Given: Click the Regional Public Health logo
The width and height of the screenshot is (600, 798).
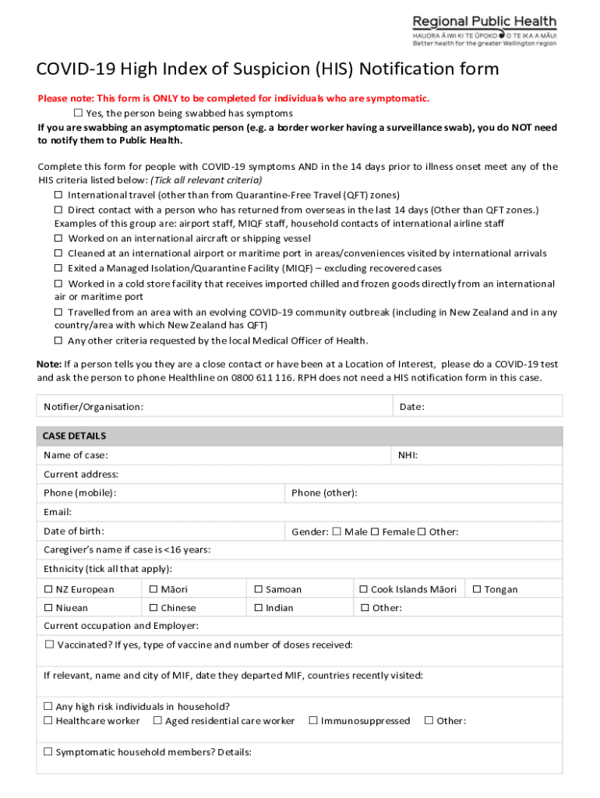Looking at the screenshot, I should [x=484, y=31].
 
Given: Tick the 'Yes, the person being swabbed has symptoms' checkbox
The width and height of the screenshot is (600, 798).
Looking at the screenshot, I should [x=78, y=113].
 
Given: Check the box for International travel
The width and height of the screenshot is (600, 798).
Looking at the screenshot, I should [x=58, y=195].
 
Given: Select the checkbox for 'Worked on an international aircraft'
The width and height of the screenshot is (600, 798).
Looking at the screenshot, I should [x=58, y=238].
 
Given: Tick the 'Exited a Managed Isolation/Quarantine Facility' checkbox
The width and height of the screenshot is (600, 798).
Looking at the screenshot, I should [x=58, y=268].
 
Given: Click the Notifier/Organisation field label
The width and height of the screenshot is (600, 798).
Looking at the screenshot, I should [x=94, y=407].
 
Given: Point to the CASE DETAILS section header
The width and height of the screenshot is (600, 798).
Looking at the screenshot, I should [x=75, y=436].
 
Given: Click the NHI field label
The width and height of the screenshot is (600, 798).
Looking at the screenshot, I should [x=408, y=455].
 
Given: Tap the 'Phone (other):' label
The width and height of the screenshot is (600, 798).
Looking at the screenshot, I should [x=324, y=493].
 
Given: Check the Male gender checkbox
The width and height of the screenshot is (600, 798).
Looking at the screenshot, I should [x=337, y=532].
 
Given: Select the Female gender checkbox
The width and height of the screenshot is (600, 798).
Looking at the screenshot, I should [x=375, y=532].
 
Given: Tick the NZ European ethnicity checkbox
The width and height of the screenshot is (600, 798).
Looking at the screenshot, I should [x=48, y=590].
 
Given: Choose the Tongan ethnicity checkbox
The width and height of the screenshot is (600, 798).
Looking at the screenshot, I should [x=477, y=590].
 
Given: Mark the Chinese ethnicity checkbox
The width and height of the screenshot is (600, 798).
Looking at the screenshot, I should [x=154, y=608].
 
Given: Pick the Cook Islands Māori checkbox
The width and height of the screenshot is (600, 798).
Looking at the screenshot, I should [x=363, y=590].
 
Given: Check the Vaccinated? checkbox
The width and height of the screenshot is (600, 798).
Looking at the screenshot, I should [x=49, y=644].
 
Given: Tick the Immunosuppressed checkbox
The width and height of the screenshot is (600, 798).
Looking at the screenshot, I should [x=313, y=721].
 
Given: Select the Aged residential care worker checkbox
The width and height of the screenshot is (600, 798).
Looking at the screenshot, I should [x=157, y=721].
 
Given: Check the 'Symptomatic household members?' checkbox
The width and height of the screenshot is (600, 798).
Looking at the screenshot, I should [x=48, y=752].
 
